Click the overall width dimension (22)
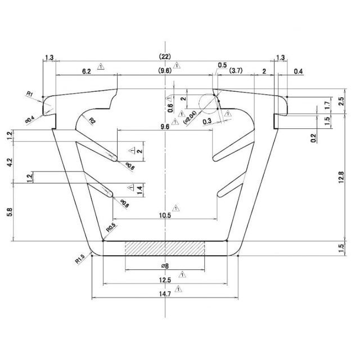tap(165, 56)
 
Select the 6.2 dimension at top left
tap(86, 71)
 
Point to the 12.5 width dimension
tap(165, 280)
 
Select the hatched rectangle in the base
tap(165, 248)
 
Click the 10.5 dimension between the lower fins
tap(165, 214)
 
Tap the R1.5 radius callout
tap(79, 259)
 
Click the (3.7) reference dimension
tap(236, 71)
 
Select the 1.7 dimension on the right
tap(327, 105)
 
